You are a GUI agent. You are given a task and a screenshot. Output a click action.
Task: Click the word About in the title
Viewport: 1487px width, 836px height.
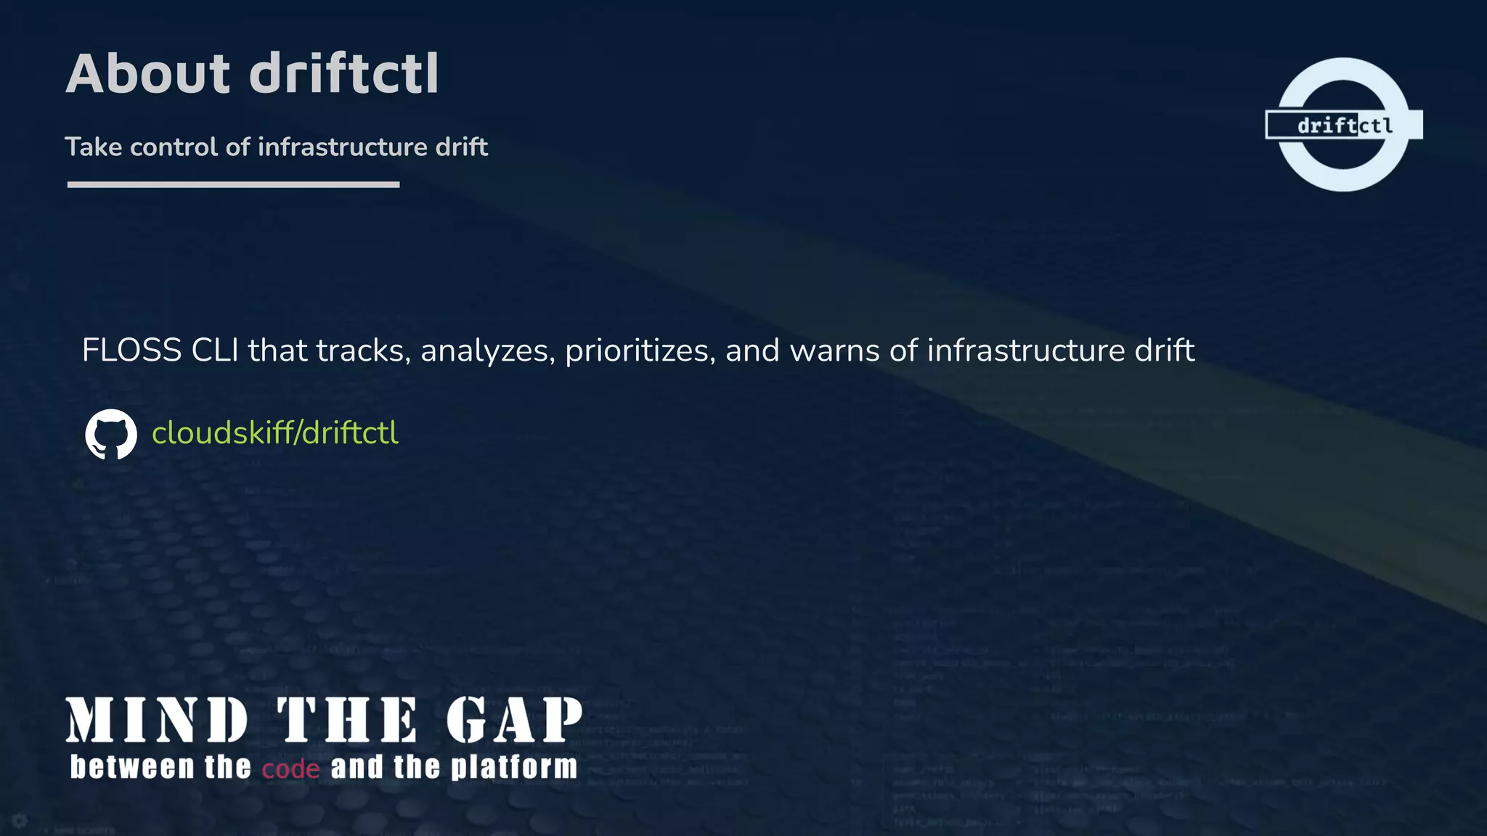click(148, 74)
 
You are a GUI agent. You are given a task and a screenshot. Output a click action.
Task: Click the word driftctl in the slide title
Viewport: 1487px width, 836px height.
click(344, 74)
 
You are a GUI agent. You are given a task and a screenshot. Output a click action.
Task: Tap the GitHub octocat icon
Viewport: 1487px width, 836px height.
click(111, 434)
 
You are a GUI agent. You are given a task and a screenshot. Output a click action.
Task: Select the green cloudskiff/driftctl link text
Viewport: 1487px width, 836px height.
click(274, 433)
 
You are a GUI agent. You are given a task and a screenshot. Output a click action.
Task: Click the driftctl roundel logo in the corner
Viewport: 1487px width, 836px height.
click(1343, 125)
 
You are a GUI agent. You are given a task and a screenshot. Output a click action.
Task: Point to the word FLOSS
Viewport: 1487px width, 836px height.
click(131, 351)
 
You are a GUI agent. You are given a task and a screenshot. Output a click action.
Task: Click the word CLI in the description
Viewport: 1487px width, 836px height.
click(215, 351)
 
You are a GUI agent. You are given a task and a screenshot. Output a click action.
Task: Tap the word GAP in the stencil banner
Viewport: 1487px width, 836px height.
click(514, 720)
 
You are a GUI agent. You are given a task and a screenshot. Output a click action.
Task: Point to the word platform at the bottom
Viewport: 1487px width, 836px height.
click(514, 768)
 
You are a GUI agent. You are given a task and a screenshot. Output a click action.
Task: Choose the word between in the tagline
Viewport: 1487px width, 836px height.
click(132, 767)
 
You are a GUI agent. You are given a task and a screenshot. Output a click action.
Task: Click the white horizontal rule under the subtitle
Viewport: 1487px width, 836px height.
click(233, 185)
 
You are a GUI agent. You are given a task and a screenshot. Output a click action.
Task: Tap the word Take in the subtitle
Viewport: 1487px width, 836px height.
click(94, 147)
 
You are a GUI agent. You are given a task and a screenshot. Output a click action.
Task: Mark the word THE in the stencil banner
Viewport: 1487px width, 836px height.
click(347, 720)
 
